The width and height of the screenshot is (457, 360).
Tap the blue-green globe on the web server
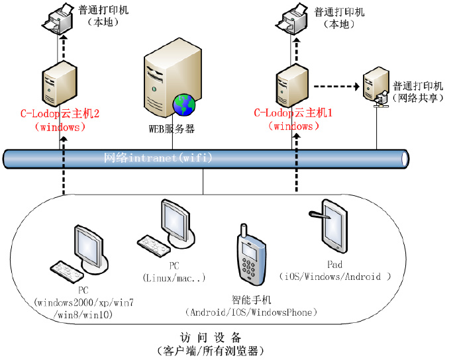tap(185, 103)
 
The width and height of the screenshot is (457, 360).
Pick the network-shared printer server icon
tap(376, 86)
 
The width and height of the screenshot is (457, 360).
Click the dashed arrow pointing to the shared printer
tap(335, 85)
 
